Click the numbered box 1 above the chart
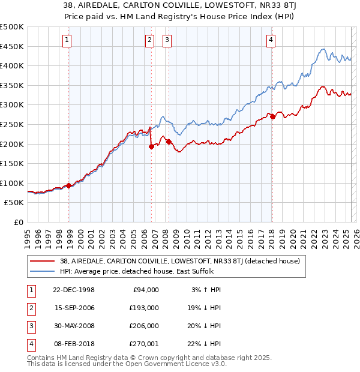(x=66, y=40)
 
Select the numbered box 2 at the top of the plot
(x=149, y=40)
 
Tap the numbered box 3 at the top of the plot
(x=166, y=40)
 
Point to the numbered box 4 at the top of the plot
(x=271, y=40)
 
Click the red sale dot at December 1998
(x=69, y=185)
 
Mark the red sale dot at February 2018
(x=272, y=116)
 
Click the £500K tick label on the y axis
(x=12, y=27)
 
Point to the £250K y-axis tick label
(x=12, y=124)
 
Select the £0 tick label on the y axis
(x=18, y=222)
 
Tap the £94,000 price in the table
(x=145, y=289)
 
